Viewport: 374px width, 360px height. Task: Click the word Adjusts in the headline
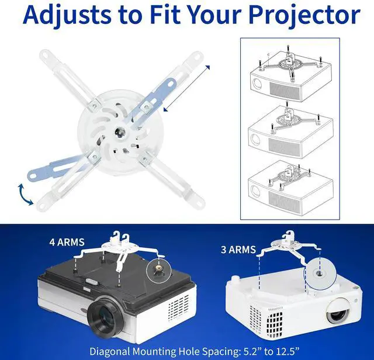(x=70, y=15)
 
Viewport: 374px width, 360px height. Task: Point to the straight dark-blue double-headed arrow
(x=186, y=88)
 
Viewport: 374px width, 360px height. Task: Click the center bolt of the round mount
(x=119, y=132)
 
